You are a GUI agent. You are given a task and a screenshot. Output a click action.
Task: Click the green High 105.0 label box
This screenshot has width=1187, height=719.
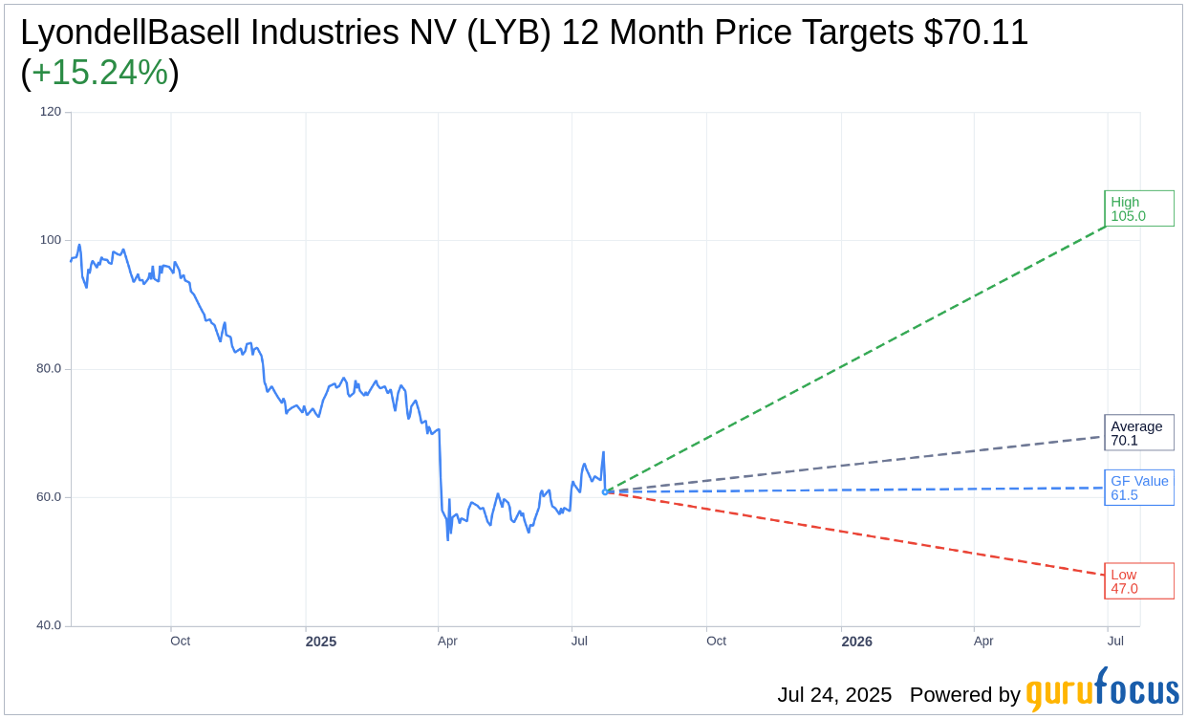(1138, 208)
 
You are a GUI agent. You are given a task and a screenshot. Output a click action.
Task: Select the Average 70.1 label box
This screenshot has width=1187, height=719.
(1138, 433)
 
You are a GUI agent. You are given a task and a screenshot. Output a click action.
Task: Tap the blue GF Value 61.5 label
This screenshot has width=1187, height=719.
(1138, 488)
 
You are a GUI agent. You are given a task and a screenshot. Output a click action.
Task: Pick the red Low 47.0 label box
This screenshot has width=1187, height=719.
(1138, 581)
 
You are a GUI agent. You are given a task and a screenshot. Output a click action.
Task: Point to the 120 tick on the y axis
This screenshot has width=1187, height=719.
(50, 112)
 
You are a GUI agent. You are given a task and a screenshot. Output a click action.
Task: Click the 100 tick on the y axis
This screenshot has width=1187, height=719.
(50, 240)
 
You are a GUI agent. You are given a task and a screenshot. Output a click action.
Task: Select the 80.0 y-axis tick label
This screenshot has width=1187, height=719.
(49, 368)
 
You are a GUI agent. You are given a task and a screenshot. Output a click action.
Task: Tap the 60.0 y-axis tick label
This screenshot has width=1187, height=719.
(49, 497)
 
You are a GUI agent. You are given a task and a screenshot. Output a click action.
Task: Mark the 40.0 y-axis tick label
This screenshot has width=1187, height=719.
(49, 625)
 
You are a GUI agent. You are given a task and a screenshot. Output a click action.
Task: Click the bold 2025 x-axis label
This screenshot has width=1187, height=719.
(321, 642)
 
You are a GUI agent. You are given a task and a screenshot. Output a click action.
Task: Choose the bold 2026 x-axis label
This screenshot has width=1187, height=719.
(856, 642)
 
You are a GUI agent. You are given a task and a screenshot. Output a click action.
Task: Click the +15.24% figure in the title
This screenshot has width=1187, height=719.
(99, 73)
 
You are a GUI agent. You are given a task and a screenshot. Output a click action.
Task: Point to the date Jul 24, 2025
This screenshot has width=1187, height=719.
(833, 695)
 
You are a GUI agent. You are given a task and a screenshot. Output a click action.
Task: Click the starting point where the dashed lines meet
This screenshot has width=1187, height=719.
(605, 491)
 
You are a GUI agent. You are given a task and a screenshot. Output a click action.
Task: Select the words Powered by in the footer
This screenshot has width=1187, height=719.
(964, 695)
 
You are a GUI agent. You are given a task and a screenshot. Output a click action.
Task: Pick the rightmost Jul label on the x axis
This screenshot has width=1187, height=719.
(1115, 641)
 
